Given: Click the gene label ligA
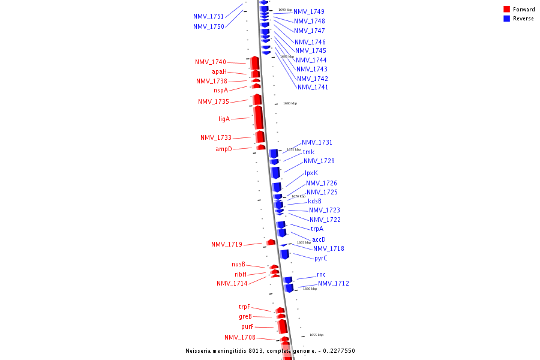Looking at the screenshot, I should click(224, 119).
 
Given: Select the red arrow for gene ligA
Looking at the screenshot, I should click(259, 118).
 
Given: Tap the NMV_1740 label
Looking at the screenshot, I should click(211, 62).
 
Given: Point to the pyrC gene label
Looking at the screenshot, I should click(321, 258).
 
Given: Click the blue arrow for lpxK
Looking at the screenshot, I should click(275, 173).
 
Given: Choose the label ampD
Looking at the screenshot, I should click(224, 149).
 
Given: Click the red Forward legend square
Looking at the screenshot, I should click(507, 10).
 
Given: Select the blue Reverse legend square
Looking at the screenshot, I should click(507, 19).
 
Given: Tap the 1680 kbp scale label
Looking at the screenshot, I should click(290, 103).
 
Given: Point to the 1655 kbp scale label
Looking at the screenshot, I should click(316, 335).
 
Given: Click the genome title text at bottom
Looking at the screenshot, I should click(270, 350).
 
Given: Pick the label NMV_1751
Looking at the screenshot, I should click(209, 16).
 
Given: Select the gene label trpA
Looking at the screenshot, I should click(317, 229).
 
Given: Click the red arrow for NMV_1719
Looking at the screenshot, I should click(271, 242).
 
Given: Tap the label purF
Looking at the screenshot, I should click(248, 326).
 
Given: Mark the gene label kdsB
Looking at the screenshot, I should click(314, 201).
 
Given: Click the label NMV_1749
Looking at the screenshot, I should click(309, 11).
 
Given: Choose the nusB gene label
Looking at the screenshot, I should click(239, 264).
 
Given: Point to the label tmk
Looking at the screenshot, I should click(308, 152).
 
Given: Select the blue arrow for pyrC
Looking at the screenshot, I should click(284, 254).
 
